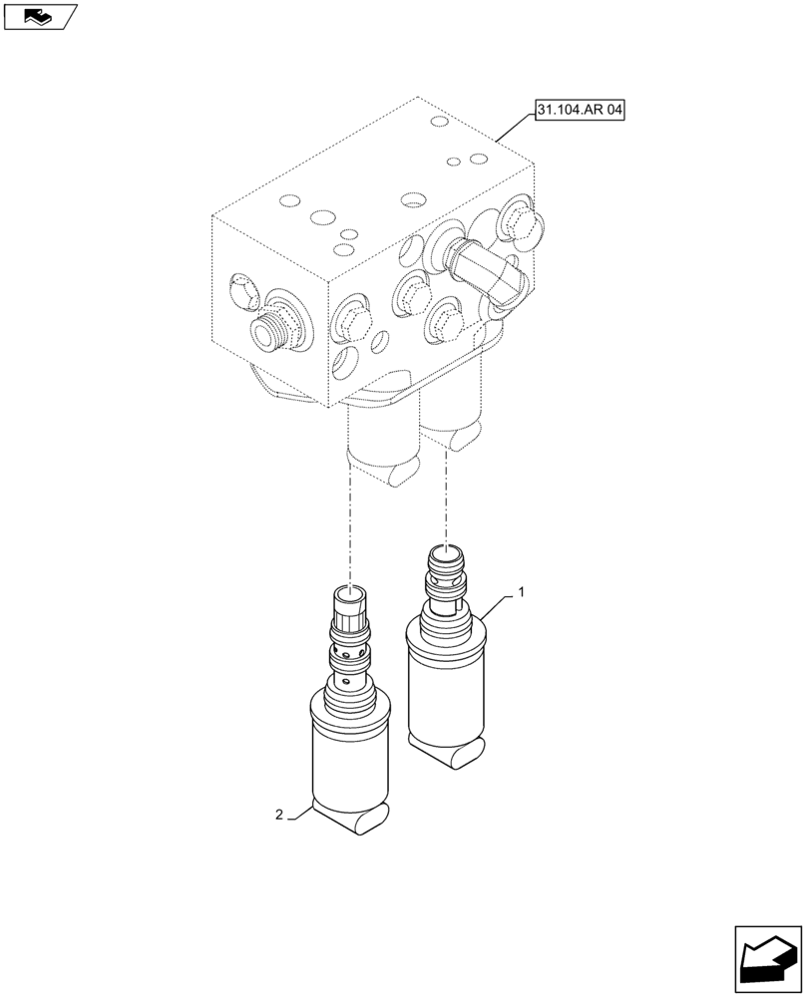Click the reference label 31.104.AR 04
579,114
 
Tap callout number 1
520,592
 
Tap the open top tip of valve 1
445,553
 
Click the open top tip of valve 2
349,595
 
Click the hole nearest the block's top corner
437,122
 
